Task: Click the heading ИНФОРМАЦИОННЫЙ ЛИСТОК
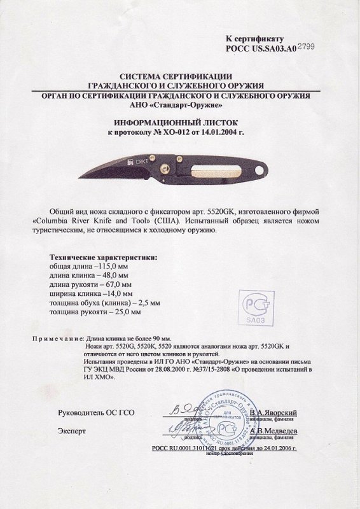point(180,119)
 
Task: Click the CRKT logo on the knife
point(139,163)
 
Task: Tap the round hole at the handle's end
point(261,170)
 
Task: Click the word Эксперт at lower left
point(71,431)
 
